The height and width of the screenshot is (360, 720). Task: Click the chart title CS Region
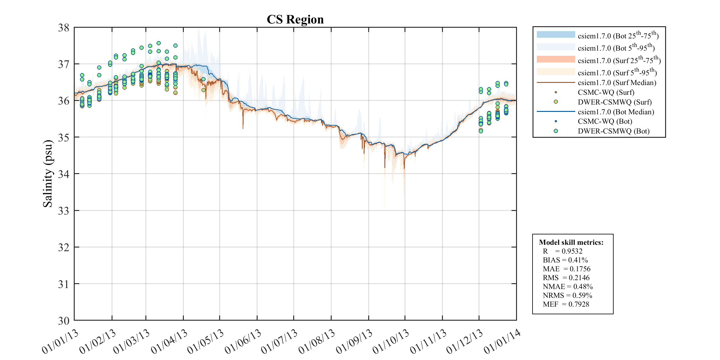click(x=295, y=20)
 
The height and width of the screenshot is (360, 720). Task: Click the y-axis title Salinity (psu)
click(x=48, y=173)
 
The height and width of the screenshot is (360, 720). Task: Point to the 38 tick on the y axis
click(x=64, y=28)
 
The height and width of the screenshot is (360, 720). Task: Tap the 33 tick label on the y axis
click(x=64, y=211)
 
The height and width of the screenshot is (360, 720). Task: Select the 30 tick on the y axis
click(x=64, y=321)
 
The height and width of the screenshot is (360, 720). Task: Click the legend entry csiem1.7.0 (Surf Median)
click(x=617, y=83)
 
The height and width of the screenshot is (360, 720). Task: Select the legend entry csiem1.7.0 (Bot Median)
click(x=616, y=112)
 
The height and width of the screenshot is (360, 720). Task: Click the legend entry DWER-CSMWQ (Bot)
click(x=614, y=131)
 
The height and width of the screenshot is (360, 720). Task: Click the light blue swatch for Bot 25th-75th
click(x=556, y=34)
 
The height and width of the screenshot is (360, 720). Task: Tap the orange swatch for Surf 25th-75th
click(x=556, y=59)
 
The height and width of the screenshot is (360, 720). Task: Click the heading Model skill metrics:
click(x=571, y=242)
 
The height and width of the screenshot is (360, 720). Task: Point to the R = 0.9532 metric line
click(x=562, y=251)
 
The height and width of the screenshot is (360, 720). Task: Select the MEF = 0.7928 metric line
click(x=566, y=304)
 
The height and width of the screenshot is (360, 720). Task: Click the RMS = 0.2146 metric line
click(x=566, y=278)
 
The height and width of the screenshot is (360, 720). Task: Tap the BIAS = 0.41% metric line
click(x=565, y=260)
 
